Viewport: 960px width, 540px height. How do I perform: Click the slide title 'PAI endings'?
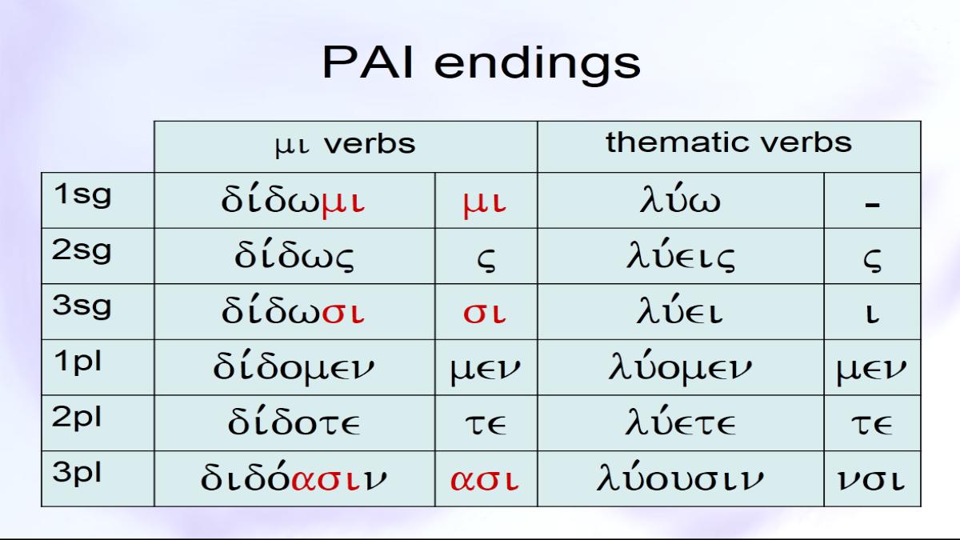pyautogui.click(x=482, y=64)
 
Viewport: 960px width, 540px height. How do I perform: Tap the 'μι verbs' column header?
pyautogui.click(x=346, y=144)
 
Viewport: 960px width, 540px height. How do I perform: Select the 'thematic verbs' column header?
pyautogui.click(x=729, y=142)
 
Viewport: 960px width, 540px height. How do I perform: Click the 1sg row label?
pyautogui.click(x=82, y=195)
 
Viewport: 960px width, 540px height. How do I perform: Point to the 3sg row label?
pyautogui.click(x=82, y=307)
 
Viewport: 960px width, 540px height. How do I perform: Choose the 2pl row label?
pyautogui.click(x=77, y=418)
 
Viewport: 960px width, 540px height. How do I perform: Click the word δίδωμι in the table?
pyautogui.click(x=293, y=200)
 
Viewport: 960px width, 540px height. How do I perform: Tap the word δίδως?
pyautogui.click(x=294, y=256)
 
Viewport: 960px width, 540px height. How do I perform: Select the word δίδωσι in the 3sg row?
pyautogui.click(x=293, y=311)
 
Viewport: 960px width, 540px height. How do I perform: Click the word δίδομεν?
pyautogui.click(x=294, y=367)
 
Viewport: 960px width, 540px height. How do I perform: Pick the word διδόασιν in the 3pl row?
pyautogui.click(x=294, y=477)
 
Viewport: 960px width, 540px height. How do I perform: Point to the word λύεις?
pyautogui.click(x=681, y=255)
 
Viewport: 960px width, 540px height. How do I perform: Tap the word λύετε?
pyautogui.click(x=681, y=422)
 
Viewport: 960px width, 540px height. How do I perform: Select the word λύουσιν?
pyautogui.click(x=680, y=477)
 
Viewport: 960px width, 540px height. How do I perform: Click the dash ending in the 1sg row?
pyautogui.click(x=873, y=205)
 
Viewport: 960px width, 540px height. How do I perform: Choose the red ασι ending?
pyautogui.click(x=485, y=479)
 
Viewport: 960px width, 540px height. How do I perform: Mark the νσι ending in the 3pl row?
pyautogui.click(x=871, y=479)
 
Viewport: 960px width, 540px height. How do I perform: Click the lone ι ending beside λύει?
pyautogui.click(x=873, y=314)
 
